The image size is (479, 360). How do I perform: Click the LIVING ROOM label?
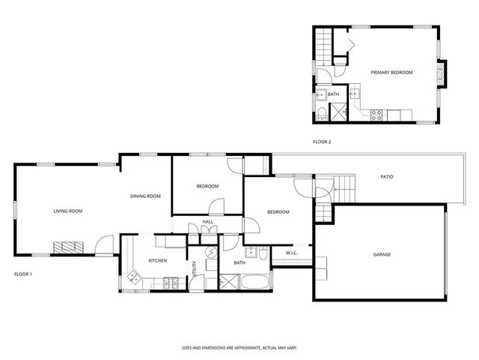click(67, 211)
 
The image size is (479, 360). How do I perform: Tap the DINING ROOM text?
click(146, 196)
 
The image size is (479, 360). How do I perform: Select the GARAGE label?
click(382, 254)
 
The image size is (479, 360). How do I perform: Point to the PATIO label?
click(387, 177)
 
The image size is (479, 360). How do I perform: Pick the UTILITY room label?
click(195, 268)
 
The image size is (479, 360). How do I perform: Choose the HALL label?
click(207, 222)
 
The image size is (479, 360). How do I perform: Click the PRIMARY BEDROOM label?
click(392, 72)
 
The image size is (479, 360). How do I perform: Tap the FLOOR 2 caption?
click(322, 142)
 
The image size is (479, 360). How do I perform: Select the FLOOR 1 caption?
click(23, 274)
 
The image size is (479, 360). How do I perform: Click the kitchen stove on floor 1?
click(171, 283)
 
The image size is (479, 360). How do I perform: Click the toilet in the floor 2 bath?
click(320, 113)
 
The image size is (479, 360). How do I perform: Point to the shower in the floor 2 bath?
click(339, 113)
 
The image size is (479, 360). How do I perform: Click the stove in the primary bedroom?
click(377, 114)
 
